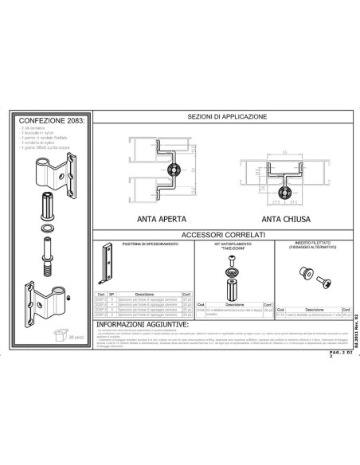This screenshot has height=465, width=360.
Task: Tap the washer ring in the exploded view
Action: point(47,228)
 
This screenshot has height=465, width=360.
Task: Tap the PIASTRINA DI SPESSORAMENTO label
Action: point(143,244)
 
